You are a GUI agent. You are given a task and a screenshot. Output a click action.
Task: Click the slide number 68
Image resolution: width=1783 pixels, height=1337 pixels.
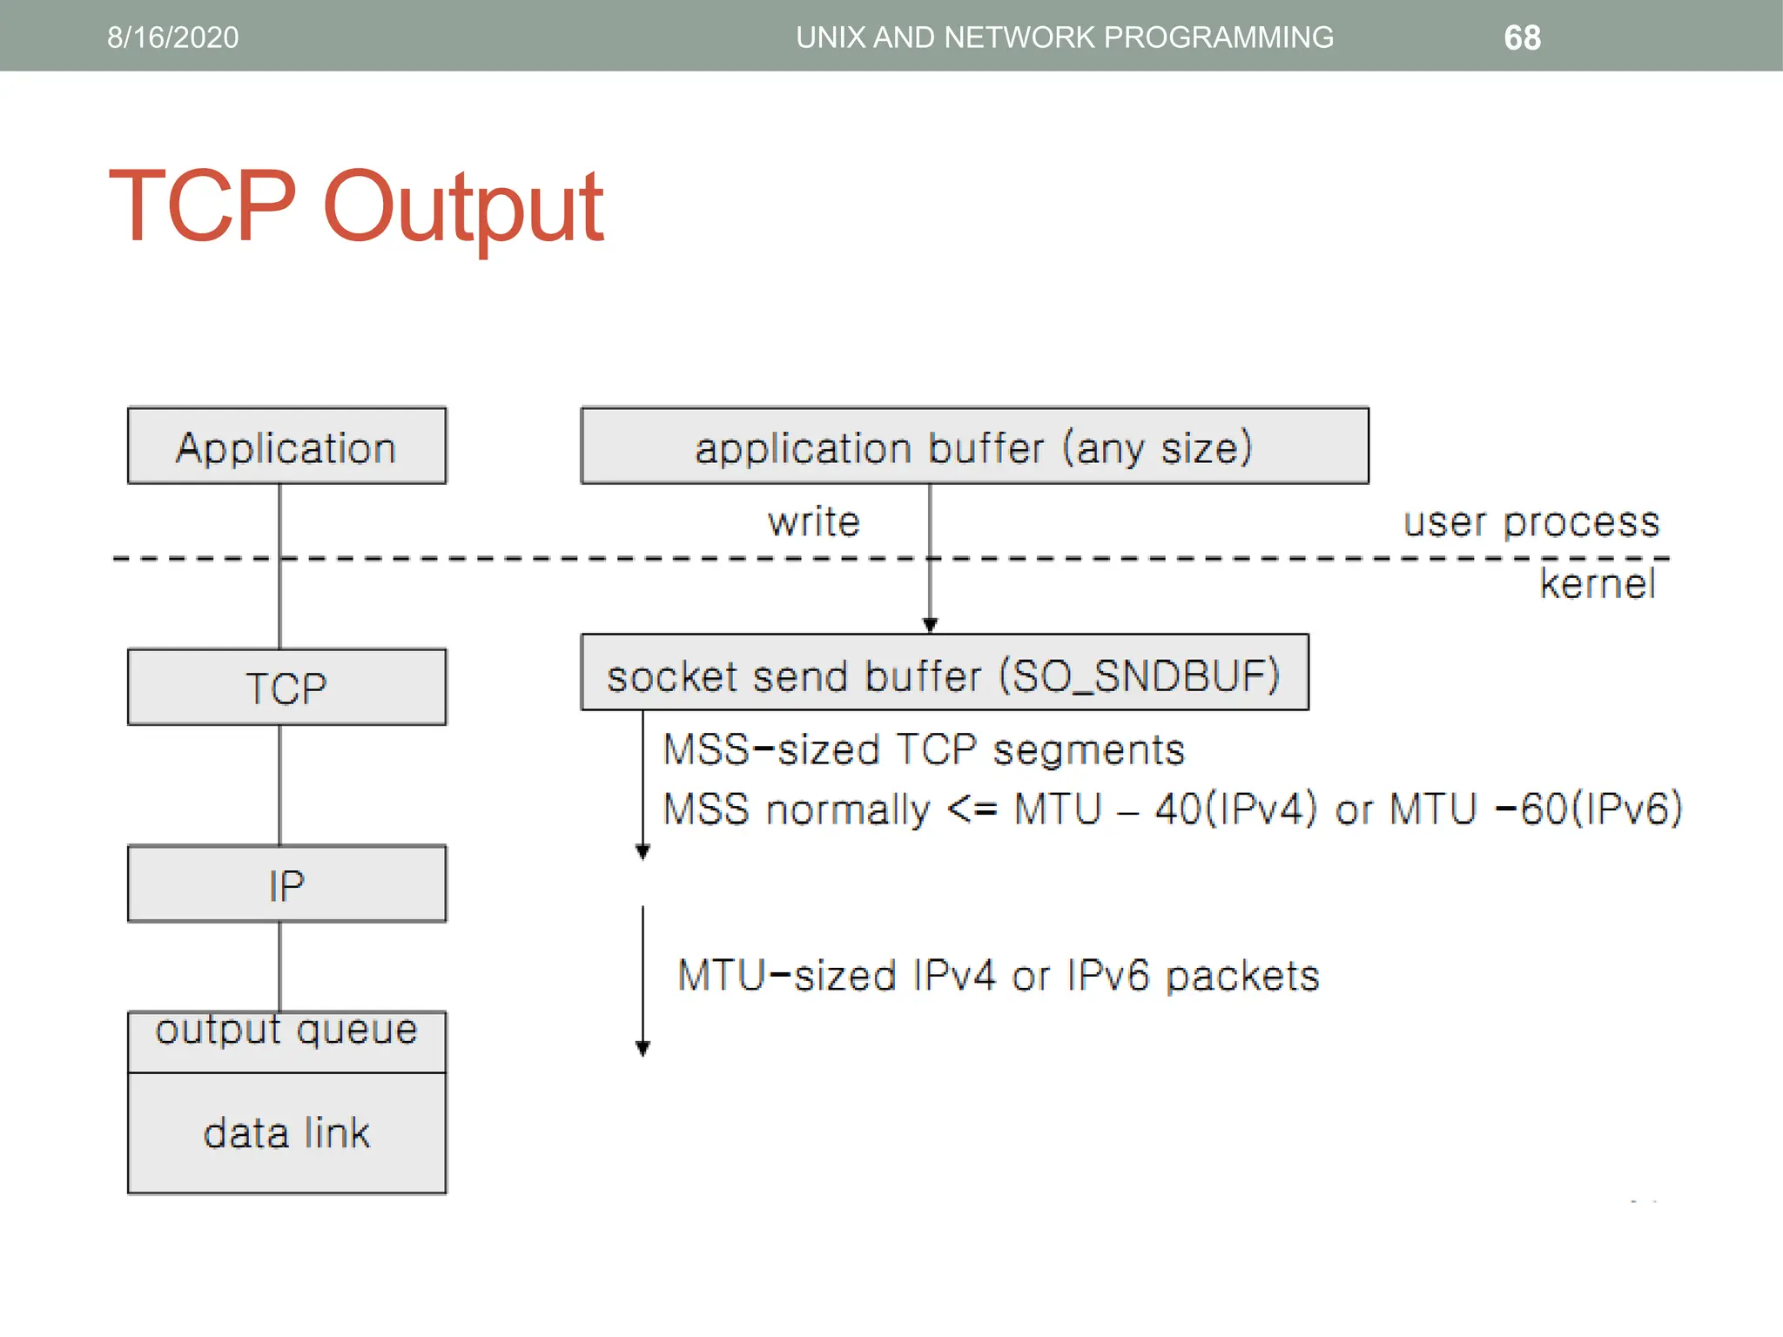1522,37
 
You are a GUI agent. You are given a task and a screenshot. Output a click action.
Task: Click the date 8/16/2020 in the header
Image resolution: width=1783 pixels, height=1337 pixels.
172,37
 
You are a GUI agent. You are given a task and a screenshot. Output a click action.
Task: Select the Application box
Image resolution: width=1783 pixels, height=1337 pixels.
286,446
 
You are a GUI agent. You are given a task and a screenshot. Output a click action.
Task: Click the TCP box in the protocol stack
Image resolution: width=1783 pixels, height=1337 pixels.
286,687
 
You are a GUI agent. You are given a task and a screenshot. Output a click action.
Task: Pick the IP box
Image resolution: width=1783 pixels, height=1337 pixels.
286,884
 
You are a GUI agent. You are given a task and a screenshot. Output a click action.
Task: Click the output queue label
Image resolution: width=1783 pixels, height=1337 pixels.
286,1031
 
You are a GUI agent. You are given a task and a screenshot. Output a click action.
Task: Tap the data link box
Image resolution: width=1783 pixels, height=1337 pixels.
286,1133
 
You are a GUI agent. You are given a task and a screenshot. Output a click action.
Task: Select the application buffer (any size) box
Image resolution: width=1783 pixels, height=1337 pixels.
974,446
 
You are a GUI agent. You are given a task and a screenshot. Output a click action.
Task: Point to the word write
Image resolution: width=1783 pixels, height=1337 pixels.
814,521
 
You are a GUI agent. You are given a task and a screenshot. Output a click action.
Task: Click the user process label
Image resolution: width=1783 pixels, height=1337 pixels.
1531,521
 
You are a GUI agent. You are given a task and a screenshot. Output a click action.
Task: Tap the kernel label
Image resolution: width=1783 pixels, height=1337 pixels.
1597,583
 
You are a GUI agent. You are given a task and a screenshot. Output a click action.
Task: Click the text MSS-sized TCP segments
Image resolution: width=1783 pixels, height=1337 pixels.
924,749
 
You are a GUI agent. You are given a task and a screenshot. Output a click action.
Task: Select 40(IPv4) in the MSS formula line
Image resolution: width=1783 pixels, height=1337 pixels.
1235,809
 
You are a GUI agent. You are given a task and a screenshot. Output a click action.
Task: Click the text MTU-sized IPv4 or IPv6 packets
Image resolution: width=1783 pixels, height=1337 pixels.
999,975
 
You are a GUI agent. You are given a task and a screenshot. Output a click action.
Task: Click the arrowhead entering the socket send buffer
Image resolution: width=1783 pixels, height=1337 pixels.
930,624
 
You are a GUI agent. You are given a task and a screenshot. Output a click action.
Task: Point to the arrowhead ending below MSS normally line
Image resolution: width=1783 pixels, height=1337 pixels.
643,851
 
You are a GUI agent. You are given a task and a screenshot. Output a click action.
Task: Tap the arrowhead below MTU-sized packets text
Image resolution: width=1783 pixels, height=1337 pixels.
643,1048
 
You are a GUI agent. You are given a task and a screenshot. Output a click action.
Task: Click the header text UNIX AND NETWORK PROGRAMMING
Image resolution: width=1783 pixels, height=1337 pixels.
1064,37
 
